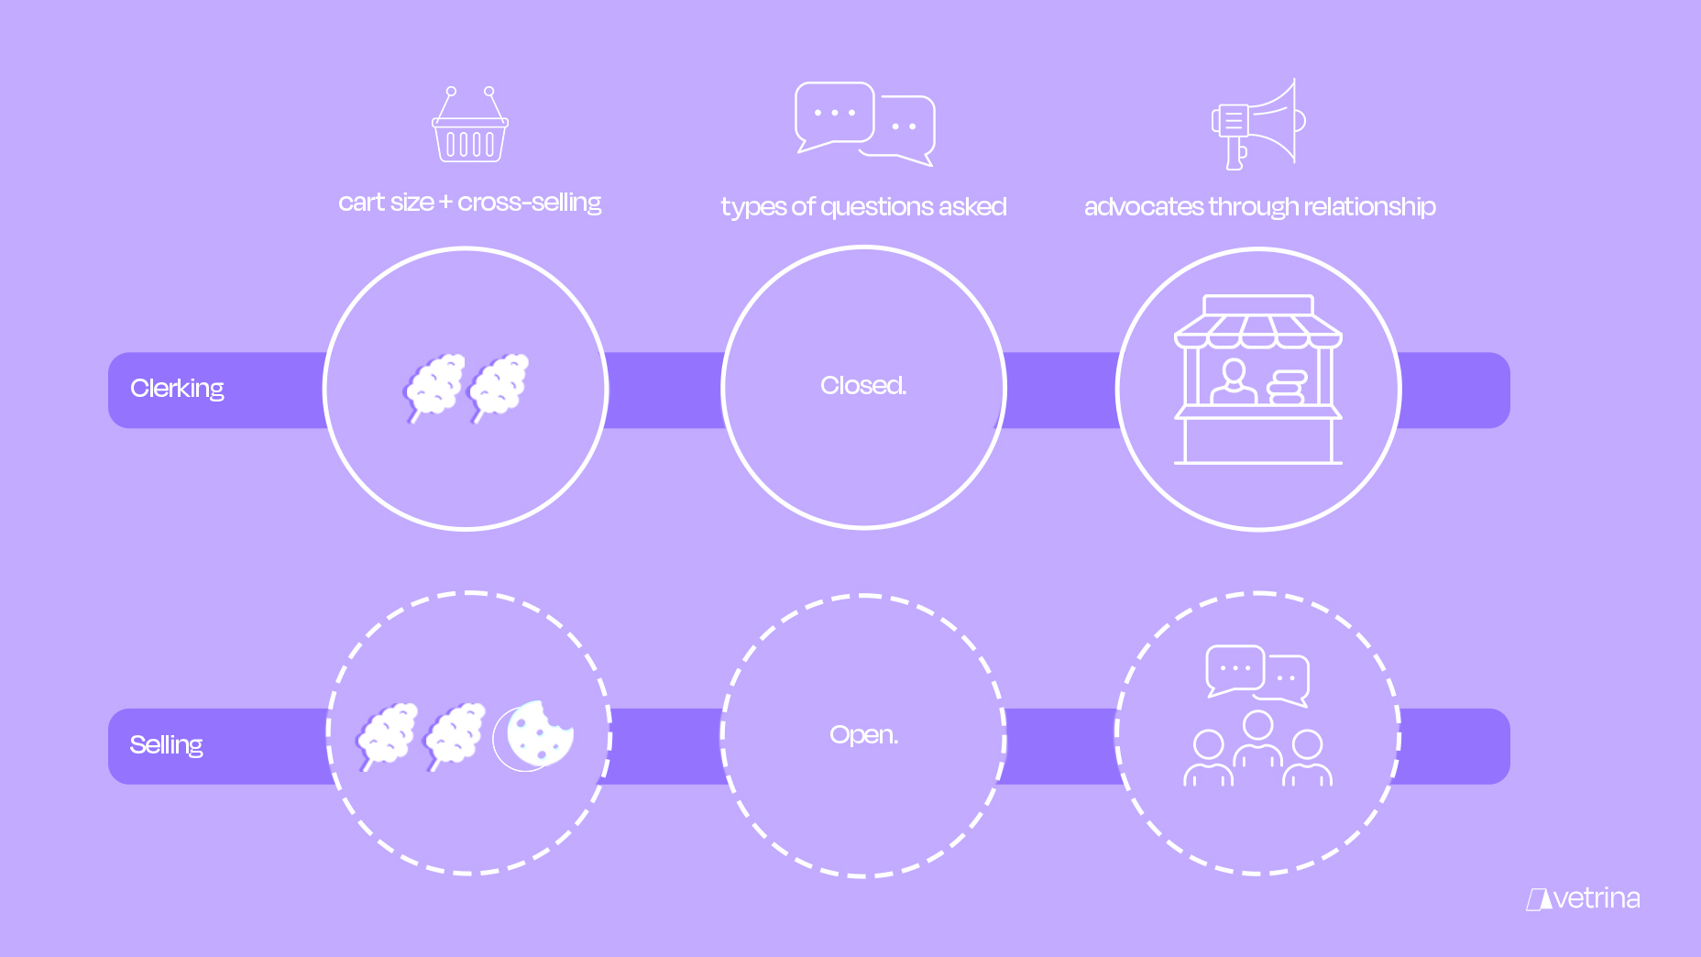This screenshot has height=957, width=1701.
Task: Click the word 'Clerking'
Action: [x=177, y=389]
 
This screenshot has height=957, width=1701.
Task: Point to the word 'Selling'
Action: [x=166, y=744]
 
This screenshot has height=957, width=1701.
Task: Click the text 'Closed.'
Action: [x=863, y=386]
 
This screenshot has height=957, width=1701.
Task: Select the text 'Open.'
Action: [x=863, y=735]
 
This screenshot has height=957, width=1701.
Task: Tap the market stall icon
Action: [x=1258, y=379]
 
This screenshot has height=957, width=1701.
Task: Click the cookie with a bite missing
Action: [x=539, y=734]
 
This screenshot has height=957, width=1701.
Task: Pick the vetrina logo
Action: [x=1584, y=898]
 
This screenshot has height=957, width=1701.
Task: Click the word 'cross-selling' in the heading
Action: [x=530, y=203]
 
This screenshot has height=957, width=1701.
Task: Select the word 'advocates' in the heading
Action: [x=1143, y=207]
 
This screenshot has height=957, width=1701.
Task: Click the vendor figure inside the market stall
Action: [x=1234, y=382]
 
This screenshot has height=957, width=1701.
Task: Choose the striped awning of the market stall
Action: [x=1258, y=332]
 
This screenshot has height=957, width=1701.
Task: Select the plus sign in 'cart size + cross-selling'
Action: [x=445, y=203]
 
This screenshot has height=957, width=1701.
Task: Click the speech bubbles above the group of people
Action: [x=1257, y=675]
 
